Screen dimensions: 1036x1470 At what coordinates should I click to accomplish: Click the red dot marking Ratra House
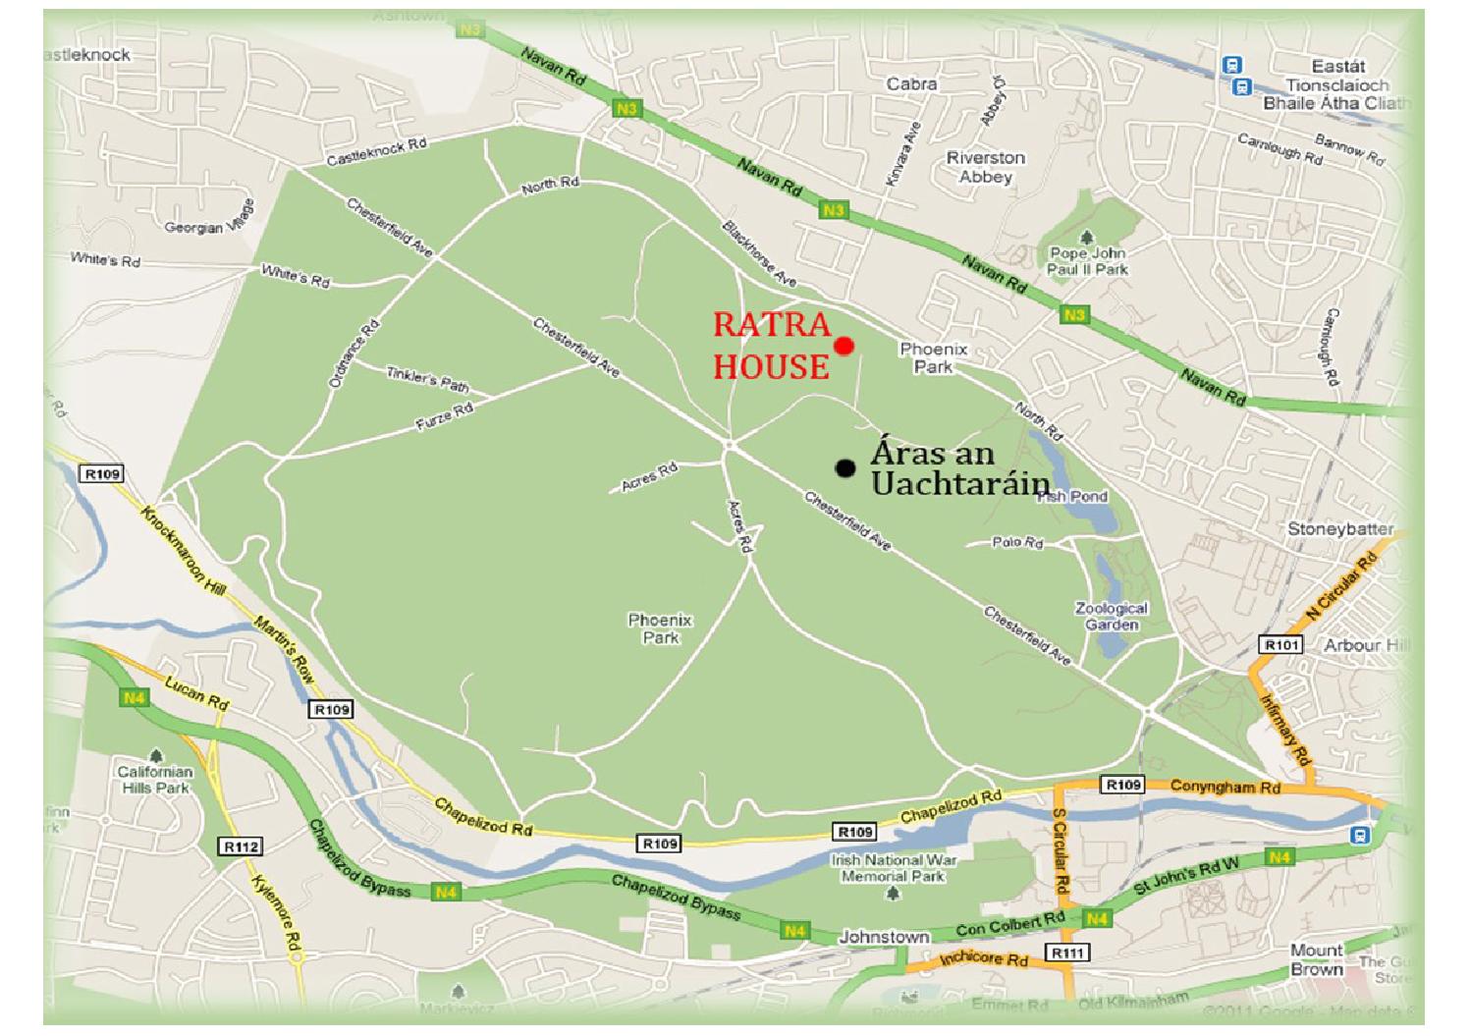coord(844,346)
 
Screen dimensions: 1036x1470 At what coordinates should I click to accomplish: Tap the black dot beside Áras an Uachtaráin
coord(844,468)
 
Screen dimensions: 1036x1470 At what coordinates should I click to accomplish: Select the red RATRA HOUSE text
coord(772,346)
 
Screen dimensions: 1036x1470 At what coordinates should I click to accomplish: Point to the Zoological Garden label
coord(1111,616)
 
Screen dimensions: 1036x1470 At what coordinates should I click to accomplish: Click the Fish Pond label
coord(1072,497)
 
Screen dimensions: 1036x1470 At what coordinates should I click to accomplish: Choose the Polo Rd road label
coord(1017,542)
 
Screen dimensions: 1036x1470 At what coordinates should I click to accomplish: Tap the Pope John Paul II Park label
coord(1087,260)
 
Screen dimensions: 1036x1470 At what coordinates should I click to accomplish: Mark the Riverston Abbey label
coord(985,167)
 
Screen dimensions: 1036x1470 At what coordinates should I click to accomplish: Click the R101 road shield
coord(1281,645)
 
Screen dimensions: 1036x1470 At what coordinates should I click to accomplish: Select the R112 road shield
coord(241,846)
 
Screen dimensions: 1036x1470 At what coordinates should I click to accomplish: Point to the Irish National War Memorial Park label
coord(894,867)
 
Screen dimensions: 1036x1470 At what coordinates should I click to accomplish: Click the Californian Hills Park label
coord(155,779)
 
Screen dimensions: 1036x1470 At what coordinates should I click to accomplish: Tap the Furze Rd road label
coord(445,416)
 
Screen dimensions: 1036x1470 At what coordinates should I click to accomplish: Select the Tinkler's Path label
coord(427,378)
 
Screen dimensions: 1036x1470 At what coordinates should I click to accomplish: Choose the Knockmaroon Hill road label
coord(184,550)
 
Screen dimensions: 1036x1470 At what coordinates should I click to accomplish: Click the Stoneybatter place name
coord(1339,529)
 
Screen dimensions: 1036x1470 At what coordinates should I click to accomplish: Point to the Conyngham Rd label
coord(1225,787)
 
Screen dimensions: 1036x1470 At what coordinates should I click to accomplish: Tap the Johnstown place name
coord(883,937)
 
